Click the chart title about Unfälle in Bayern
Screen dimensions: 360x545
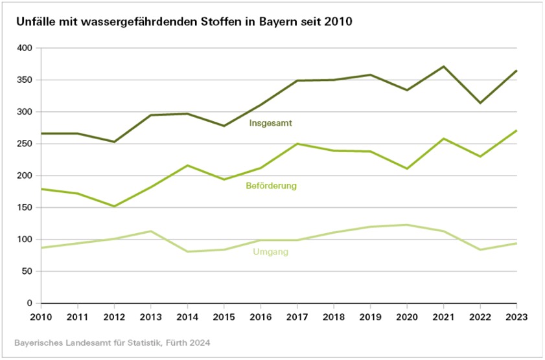pos(184,22)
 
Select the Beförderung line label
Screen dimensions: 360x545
pos(272,186)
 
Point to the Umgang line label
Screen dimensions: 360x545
pos(270,252)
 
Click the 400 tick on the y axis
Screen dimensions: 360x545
pos(25,49)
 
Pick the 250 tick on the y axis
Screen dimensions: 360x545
pos(25,144)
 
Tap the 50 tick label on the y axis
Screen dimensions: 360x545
pos(27,271)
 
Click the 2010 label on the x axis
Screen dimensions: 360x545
pos(41,317)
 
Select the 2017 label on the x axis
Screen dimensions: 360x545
pos(297,317)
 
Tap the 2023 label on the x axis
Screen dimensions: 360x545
pos(516,317)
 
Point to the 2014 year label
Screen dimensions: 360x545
pos(187,317)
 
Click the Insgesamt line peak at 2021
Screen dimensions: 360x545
pos(443,67)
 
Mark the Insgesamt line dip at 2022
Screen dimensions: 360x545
pos(480,103)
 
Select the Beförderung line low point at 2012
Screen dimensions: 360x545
pos(114,207)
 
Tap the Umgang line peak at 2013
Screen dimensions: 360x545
pos(150,231)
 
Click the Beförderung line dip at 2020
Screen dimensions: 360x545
pos(407,168)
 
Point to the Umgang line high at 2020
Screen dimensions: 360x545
pos(407,225)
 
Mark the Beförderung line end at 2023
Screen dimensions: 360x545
pos(516,131)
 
